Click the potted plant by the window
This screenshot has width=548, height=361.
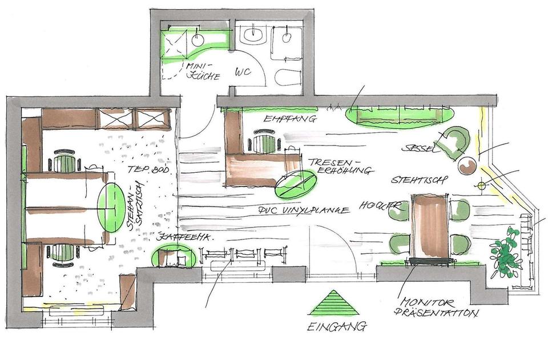(505, 250)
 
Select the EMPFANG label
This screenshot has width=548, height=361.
(282, 120)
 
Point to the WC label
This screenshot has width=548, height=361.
(244, 73)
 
